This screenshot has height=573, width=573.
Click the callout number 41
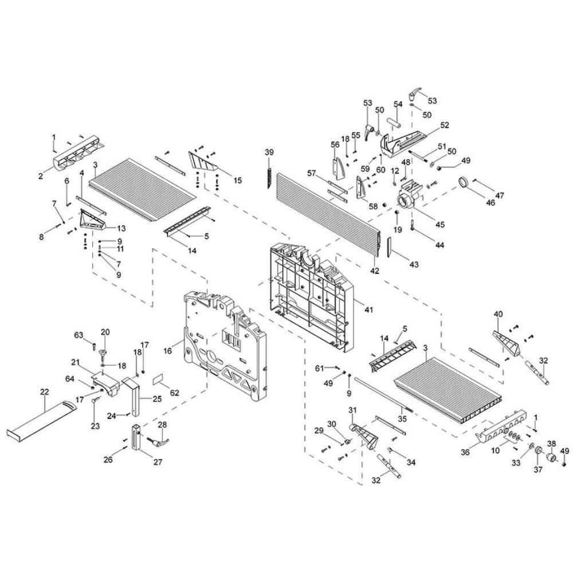(x=368, y=310)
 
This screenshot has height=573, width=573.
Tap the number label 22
(x=45, y=391)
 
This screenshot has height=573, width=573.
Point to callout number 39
(x=269, y=152)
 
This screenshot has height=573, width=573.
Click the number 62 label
(x=174, y=393)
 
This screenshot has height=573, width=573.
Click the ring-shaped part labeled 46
(x=465, y=183)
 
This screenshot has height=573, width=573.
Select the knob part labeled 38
(x=551, y=459)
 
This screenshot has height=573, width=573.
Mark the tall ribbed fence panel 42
(x=327, y=212)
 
